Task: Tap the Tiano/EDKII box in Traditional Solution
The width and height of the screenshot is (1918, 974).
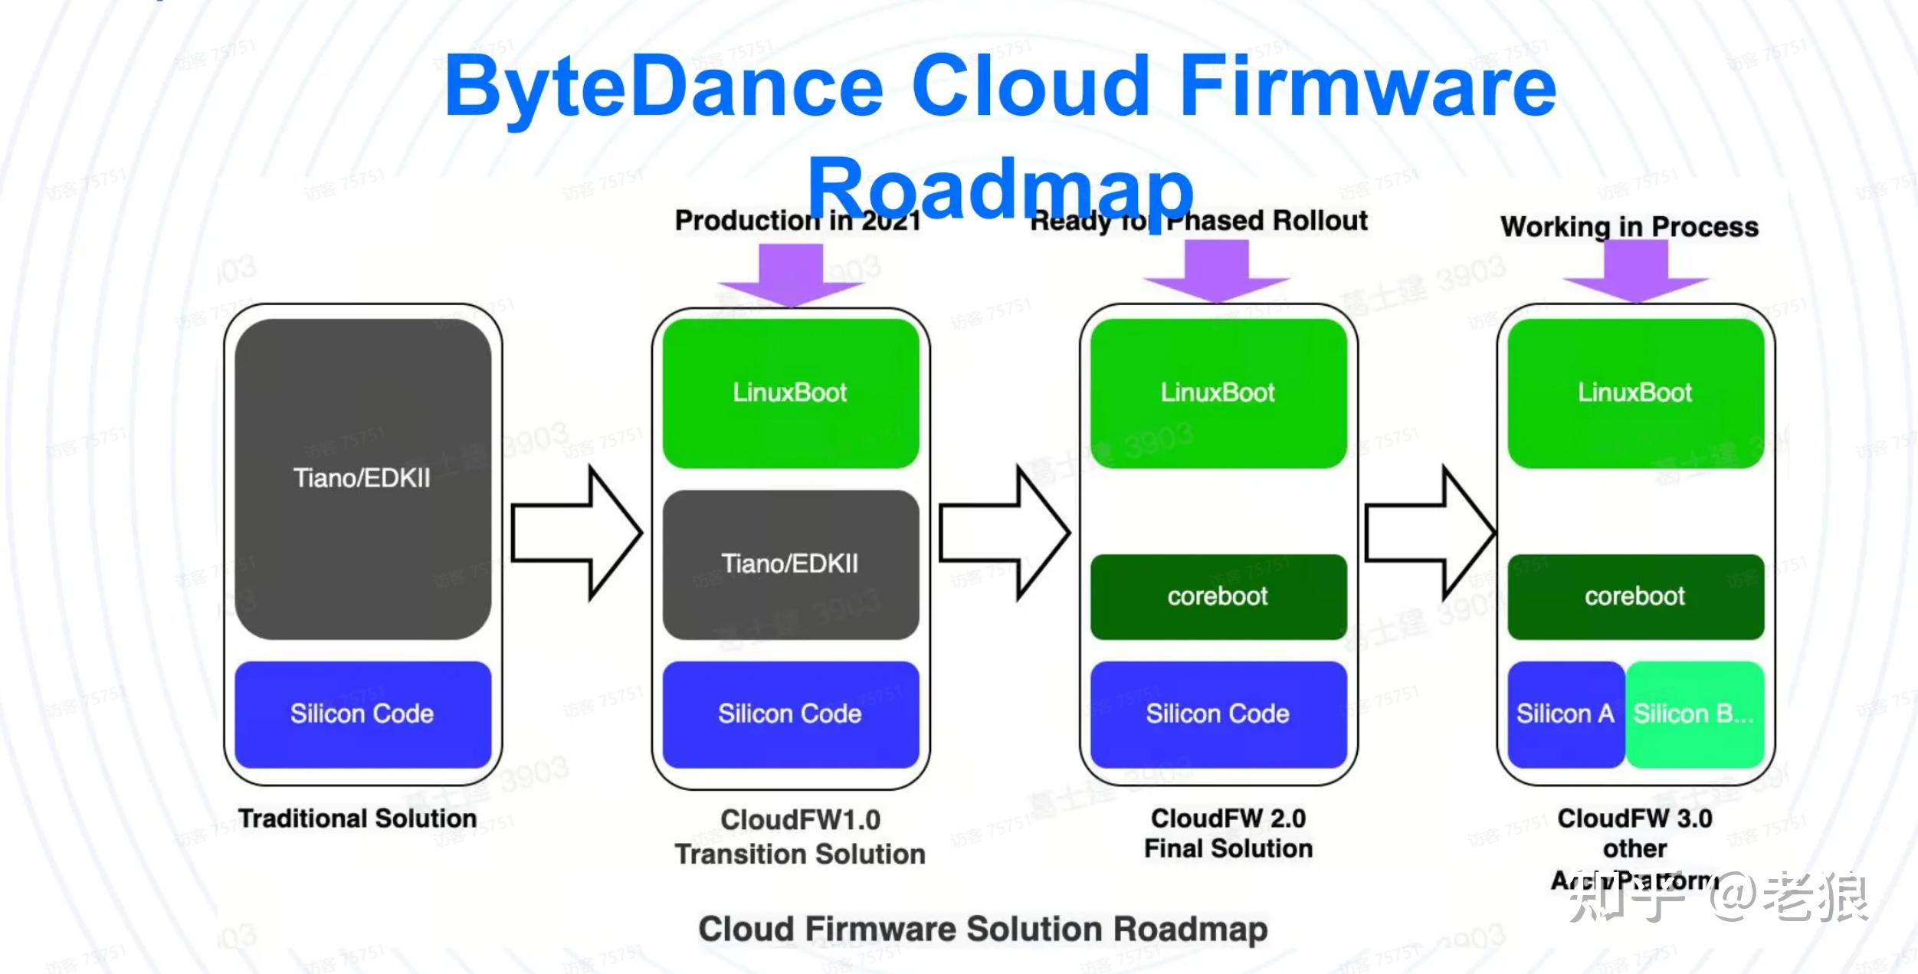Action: tap(362, 479)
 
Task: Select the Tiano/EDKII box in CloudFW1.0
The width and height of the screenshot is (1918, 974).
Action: tap(790, 565)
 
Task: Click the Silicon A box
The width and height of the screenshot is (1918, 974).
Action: tap(1565, 714)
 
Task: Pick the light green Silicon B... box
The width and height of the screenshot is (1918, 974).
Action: tap(1693, 714)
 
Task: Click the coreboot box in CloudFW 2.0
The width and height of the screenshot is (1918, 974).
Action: tap(1218, 596)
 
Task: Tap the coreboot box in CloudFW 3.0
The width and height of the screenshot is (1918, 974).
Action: tap(1635, 596)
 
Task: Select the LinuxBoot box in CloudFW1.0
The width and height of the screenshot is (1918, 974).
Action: tap(790, 393)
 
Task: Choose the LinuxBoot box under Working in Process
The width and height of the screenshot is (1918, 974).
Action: tap(1635, 393)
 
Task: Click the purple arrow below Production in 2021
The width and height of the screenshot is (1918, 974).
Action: tap(791, 276)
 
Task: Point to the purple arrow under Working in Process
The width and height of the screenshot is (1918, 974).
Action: tap(1636, 272)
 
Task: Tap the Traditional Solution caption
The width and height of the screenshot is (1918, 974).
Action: tap(357, 818)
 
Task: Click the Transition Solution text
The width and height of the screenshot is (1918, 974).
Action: tap(799, 854)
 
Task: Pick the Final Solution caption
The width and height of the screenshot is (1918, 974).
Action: tap(1228, 849)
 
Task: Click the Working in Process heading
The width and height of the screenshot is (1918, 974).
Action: tap(1629, 227)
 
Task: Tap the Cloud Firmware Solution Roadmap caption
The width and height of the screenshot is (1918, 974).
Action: tap(982, 930)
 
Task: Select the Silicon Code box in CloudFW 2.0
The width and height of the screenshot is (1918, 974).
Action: tap(1218, 714)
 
